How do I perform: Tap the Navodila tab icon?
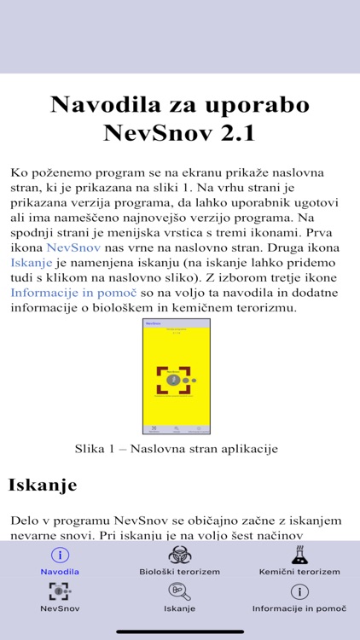click(x=60, y=555)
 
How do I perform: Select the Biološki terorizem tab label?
click(x=180, y=572)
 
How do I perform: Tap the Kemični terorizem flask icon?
click(x=299, y=555)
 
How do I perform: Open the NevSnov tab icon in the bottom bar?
click(x=60, y=591)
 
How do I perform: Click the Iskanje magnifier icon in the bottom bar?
click(x=180, y=591)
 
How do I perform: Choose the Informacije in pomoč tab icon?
click(x=299, y=591)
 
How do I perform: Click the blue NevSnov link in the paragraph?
click(x=74, y=247)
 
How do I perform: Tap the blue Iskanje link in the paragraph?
click(x=32, y=262)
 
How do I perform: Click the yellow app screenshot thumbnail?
click(x=177, y=376)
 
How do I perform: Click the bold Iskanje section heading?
click(x=43, y=486)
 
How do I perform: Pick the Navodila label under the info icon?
click(x=60, y=572)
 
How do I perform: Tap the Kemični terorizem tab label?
click(x=299, y=572)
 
